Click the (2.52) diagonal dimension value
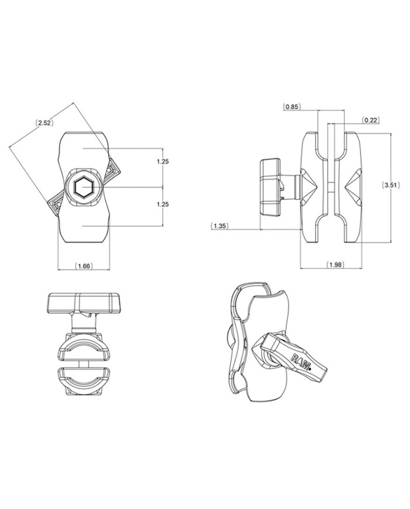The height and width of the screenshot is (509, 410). pyautogui.click(x=44, y=123)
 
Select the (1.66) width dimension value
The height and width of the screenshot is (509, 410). pyautogui.click(x=84, y=266)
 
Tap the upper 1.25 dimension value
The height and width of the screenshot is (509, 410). pyautogui.click(x=163, y=161)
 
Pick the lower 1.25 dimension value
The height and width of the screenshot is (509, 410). pyautogui.click(x=163, y=204)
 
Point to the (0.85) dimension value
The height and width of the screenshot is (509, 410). pyautogui.click(x=292, y=107)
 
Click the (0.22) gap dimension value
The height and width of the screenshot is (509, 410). pyautogui.click(x=370, y=120)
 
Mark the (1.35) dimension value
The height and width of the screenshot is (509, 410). pyautogui.click(x=221, y=225)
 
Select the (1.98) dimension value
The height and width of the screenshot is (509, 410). pyautogui.click(x=336, y=265)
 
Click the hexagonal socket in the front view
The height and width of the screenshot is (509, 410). pyautogui.click(x=84, y=187)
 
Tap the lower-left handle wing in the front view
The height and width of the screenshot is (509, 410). pyautogui.click(x=54, y=203)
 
